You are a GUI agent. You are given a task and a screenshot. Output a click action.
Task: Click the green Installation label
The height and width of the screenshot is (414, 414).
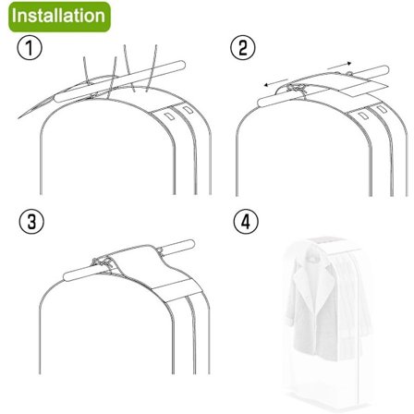[x=59, y=17]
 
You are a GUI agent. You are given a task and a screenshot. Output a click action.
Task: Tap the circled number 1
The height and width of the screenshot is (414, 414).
[x=30, y=48]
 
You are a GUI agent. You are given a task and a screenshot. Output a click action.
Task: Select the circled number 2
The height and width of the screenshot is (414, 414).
[x=243, y=48]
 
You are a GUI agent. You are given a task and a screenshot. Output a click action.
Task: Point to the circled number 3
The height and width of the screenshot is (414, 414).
[x=31, y=221]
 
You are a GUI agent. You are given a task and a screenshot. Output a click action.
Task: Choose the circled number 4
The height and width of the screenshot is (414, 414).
[x=246, y=221]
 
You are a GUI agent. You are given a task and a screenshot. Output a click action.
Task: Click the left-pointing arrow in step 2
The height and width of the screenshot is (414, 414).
[x=276, y=83]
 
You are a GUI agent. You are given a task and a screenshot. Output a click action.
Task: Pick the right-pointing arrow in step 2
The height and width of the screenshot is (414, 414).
[x=339, y=66]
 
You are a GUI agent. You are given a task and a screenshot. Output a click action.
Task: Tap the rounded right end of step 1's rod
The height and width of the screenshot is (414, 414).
[x=181, y=65]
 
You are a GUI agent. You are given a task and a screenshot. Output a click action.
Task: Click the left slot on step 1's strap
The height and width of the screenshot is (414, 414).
[x=168, y=116]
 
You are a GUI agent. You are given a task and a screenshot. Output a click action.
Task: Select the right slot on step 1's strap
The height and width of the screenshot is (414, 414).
[x=187, y=109]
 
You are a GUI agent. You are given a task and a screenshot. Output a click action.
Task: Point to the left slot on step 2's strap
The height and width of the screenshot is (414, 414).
[x=363, y=116]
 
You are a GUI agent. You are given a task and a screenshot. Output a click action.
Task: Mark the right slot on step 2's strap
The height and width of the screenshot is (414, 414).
[x=382, y=109]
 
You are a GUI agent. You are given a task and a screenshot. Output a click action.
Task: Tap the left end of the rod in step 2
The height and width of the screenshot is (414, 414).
[x=262, y=102]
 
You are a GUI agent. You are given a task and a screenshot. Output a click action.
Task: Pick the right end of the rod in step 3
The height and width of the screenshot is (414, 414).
[x=191, y=244]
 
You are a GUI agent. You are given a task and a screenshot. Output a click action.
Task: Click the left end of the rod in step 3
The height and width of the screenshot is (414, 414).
[x=67, y=275]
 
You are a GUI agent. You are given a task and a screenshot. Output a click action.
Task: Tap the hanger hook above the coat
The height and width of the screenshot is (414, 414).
[x=311, y=257]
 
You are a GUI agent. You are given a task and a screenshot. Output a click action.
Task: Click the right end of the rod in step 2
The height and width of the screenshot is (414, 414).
[x=385, y=69]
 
